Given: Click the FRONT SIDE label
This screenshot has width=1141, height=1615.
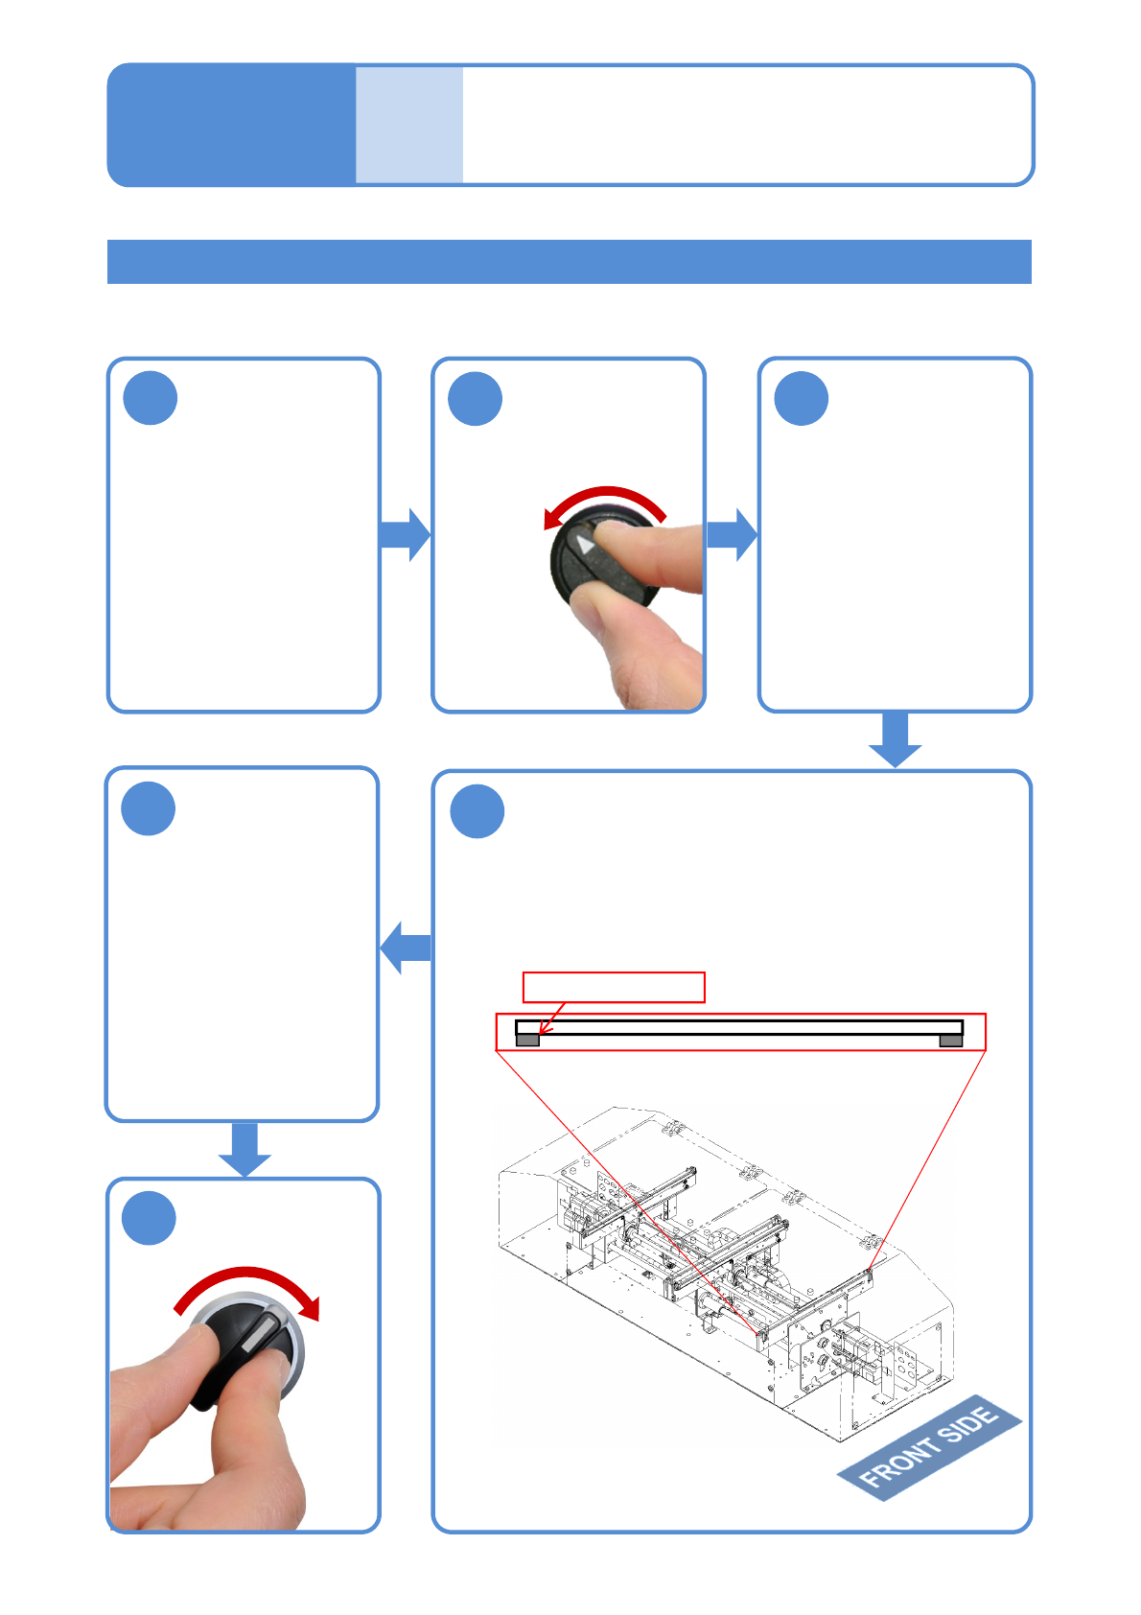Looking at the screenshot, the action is pos(928,1446).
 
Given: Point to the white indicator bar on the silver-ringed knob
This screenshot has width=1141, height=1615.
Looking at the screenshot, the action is pos(260,1334).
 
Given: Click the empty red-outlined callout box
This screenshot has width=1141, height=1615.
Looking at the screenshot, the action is pos(614,987).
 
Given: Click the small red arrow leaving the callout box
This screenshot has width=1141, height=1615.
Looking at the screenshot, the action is pos(552,1018).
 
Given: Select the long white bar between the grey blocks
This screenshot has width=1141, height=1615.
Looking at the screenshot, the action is pos(738,1027).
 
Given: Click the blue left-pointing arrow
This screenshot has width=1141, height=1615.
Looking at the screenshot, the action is pos(406,948).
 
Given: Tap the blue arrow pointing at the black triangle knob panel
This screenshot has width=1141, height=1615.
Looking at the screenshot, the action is pos(405,534).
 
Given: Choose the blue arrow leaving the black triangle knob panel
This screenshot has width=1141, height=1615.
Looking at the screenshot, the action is pos(732,534).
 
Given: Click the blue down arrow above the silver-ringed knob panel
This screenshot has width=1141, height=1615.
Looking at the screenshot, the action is pos(244,1149).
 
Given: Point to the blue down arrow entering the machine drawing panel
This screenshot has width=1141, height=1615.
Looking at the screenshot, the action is pos(895,739).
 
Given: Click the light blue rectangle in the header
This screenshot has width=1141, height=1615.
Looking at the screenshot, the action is pos(409,125).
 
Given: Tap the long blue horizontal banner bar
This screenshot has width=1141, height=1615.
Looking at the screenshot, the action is pos(570,262).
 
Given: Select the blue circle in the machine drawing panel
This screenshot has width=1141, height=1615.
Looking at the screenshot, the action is pos(477,811).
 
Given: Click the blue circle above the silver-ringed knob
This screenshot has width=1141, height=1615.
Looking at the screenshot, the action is pos(150,1218).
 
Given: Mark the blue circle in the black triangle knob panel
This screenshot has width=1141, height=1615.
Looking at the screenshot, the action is pos(476,399).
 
